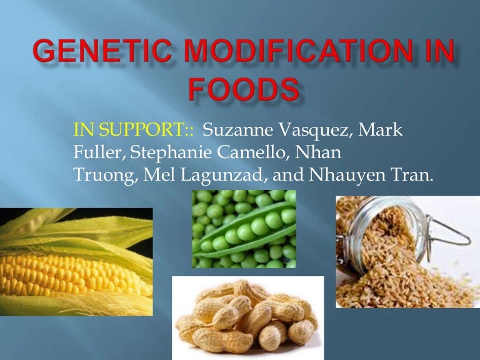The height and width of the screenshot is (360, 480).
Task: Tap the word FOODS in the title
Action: click(243, 90)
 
